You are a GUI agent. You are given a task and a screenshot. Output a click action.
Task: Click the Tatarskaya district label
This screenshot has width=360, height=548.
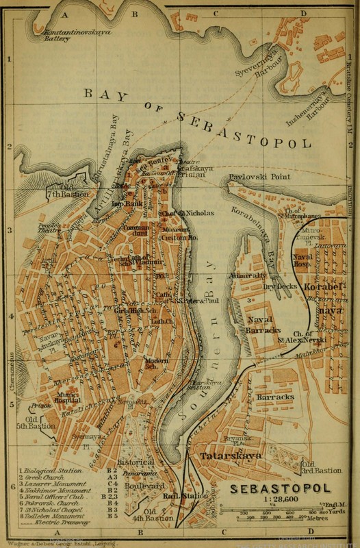[227, 455]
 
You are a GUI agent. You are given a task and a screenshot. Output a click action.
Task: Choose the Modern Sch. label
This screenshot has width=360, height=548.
[158, 364]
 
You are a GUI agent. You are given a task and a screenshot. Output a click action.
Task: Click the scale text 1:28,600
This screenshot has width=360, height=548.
[281, 501]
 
